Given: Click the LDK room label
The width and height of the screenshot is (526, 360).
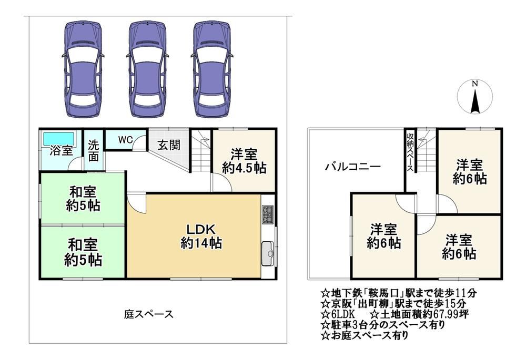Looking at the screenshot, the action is (201, 236).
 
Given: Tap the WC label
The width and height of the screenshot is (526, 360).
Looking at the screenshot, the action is (126, 140).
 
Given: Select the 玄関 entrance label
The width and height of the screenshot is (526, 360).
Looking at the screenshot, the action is (169, 146).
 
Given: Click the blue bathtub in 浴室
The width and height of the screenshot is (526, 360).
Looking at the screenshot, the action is (58, 138).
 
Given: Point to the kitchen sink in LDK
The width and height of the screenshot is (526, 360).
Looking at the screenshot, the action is (268, 253).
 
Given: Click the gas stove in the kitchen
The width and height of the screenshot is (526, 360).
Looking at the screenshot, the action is (268, 214).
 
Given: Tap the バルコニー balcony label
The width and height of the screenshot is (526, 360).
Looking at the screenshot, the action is (352, 167).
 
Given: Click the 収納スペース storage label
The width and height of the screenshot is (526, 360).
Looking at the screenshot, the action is (410, 152).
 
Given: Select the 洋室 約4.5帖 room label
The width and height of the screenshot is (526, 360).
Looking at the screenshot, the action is (244, 161).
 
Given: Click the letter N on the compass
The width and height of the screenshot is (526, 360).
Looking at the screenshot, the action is (474, 84).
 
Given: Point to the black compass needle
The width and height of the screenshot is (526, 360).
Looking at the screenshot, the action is (474, 101).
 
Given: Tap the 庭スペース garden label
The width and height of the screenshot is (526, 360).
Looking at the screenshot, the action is (149, 314).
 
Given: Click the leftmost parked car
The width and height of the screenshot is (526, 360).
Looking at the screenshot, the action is (83, 69).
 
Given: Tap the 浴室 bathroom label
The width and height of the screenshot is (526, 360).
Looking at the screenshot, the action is (62, 151).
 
